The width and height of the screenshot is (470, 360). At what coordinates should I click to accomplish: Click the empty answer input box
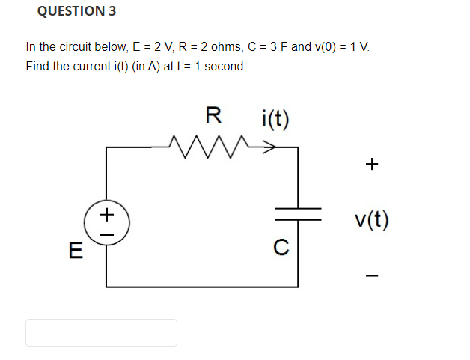point(101,332)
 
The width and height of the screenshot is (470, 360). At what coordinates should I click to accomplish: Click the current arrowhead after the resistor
point(268,147)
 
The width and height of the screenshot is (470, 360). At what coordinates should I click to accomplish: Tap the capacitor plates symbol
point(298,213)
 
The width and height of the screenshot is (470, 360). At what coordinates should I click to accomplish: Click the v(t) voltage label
point(372,220)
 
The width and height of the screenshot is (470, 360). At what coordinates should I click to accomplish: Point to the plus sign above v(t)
point(373,162)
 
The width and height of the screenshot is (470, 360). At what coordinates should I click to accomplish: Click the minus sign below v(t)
point(373,276)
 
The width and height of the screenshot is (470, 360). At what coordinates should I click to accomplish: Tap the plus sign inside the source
point(108,215)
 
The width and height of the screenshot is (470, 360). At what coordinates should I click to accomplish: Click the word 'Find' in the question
point(37,66)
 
